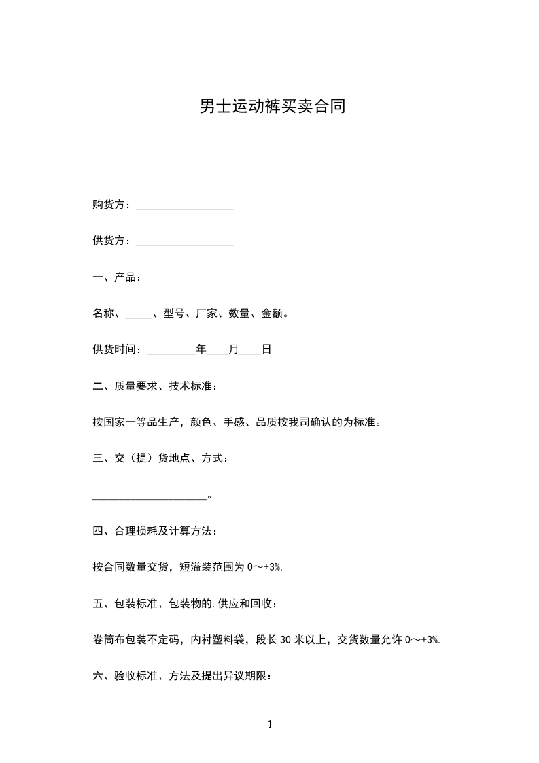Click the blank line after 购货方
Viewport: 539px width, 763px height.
coord(185,205)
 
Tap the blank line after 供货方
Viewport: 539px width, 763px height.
coord(185,241)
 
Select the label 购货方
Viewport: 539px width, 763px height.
coord(109,205)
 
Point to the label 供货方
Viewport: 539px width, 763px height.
coord(109,241)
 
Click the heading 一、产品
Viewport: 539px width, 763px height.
coord(117,277)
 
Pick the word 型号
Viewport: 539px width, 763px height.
coord(173,314)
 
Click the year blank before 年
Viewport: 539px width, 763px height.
coord(171,350)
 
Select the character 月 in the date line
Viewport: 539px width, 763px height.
coord(234,350)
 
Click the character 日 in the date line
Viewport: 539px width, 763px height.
coord(266,350)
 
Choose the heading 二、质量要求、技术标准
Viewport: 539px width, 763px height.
coord(156,387)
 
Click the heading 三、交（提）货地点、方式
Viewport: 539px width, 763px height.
coord(160,460)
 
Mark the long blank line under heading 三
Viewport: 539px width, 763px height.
coord(149,496)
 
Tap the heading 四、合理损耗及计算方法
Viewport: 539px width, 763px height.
coord(156,532)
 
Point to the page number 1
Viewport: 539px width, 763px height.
coord(270,724)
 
